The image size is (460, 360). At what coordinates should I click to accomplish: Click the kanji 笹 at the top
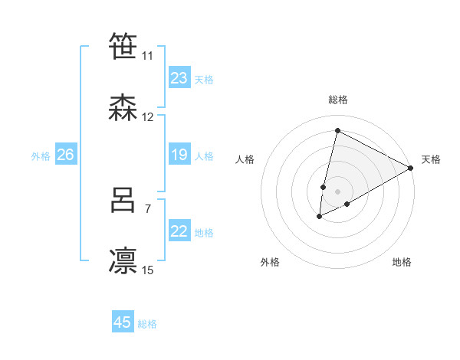(123, 47)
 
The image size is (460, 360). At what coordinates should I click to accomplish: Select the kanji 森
(123, 108)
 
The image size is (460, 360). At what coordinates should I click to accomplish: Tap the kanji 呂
(123, 200)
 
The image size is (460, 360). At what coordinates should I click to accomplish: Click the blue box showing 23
(179, 77)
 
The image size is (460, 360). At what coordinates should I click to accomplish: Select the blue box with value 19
(179, 155)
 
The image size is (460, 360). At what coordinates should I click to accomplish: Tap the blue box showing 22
(179, 231)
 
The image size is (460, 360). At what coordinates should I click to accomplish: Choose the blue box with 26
(65, 155)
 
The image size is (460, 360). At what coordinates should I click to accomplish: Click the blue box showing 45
(123, 322)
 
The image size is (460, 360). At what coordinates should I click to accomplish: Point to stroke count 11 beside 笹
(147, 56)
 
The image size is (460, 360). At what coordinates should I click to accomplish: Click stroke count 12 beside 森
(148, 117)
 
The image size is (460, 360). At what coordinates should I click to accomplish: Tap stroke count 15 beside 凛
(148, 270)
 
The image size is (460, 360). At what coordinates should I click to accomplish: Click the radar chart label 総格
(338, 100)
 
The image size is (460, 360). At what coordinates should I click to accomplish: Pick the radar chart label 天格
(431, 159)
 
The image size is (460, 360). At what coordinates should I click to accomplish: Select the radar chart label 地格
(402, 262)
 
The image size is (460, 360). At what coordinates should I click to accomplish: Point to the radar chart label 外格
(270, 262)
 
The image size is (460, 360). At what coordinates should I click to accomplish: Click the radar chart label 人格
(245, 159)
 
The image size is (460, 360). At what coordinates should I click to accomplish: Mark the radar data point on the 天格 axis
(412, 168)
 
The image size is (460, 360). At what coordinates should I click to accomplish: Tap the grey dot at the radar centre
(338, 191)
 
